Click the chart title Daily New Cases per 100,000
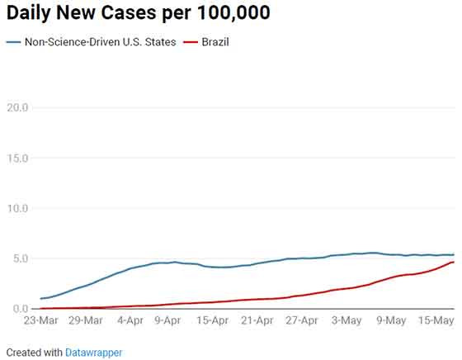[139, 13]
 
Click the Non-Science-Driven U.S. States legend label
[100, 42]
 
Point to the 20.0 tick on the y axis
[17, 107]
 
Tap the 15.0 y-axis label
[17, 158]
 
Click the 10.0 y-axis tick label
[17, 208]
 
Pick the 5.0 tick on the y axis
[20, 258]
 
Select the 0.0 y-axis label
[20, 309]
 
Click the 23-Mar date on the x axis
[41, 320]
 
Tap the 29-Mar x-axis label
[86, 320]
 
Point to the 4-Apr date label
[130, 320]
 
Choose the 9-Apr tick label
[167, 320]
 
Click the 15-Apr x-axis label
[212, 320]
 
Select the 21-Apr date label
[257, 320]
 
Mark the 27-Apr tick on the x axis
[302, 320]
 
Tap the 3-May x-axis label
[346, 320]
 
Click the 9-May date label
[391, 320]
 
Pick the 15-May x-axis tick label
[436, 320]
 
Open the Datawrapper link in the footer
[93, 353]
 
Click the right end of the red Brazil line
[454, 262]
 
